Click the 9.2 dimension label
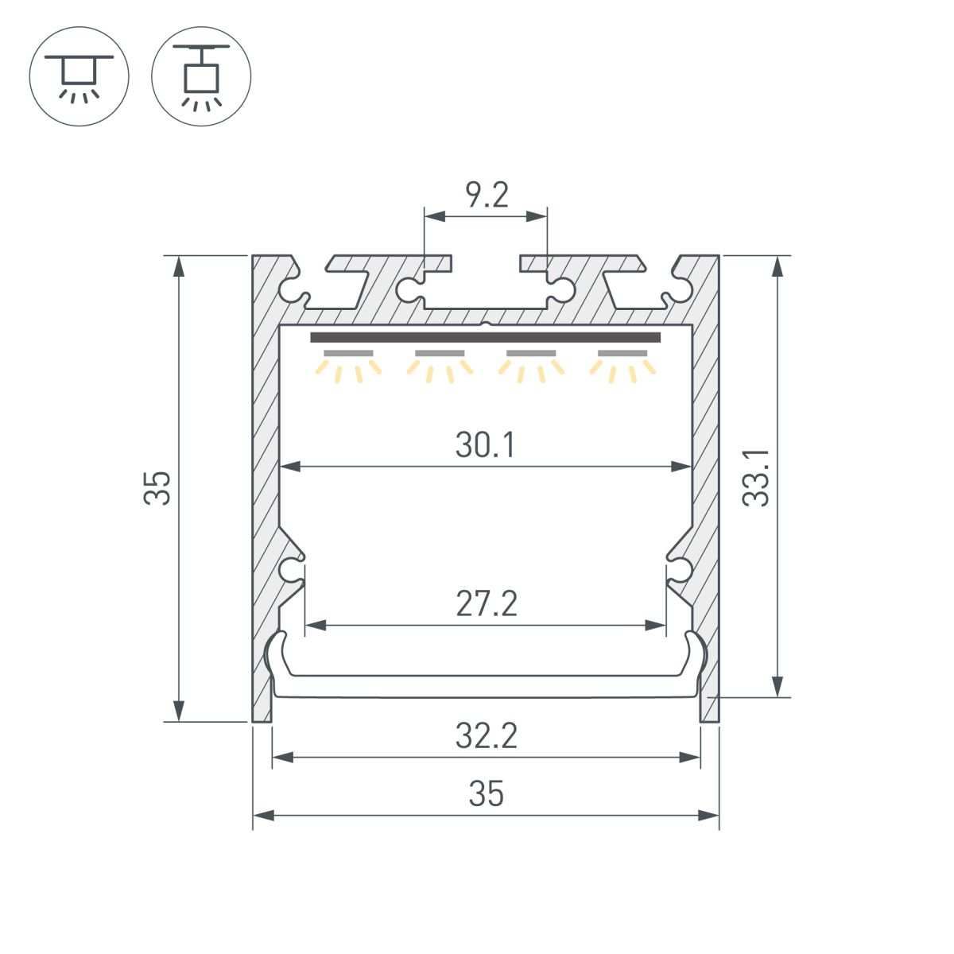click(487, 196)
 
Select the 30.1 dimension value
click(486, 445)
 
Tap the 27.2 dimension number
click(487, 604)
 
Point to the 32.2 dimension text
click(487, 736)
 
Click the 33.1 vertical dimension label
click(756, 477)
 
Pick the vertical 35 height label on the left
click(157, 487)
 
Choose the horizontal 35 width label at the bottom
click(487, 794)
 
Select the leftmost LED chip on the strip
click(348, 352)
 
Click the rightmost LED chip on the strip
click(622, 352)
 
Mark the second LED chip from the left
click(440, 352)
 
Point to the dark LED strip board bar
click(485, 337)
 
